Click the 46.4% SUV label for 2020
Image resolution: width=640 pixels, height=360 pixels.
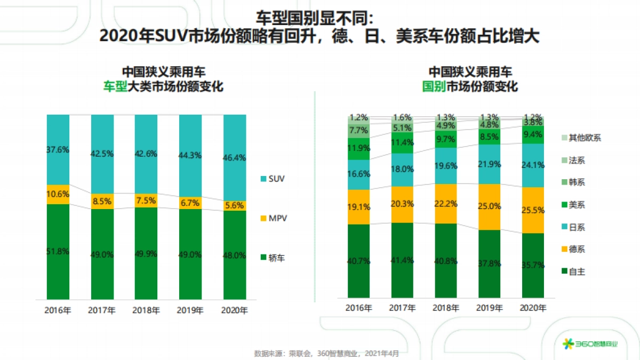235,158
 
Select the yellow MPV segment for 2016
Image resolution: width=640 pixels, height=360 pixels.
58,194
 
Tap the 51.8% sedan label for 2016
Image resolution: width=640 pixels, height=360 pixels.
58,251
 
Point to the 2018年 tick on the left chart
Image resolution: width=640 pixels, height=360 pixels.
146,310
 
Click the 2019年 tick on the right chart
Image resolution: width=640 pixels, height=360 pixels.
489,308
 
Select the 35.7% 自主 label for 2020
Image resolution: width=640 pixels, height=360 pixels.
533,265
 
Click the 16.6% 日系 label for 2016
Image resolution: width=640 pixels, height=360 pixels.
358,174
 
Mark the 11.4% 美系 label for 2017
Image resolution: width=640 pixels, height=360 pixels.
402,142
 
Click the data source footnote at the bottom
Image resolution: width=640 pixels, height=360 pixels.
326,353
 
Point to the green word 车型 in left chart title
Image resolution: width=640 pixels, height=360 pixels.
115,87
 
